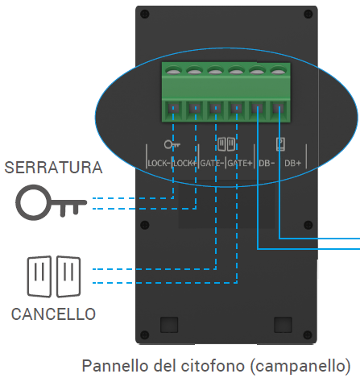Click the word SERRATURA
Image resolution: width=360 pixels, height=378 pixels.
coord(53,168)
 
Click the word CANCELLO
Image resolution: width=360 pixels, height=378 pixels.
coord(53,314)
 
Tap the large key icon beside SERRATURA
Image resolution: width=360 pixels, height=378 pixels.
coord(51,202)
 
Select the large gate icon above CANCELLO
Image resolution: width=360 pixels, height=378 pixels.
coord(54,276)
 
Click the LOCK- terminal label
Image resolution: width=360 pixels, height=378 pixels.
coord(159,163)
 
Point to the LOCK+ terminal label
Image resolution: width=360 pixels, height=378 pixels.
coord(184,163)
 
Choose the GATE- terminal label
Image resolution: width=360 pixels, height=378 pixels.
coord(212,163)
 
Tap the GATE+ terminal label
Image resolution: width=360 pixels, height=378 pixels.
coord(240,163)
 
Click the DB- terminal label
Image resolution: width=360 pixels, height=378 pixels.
coord(267,163)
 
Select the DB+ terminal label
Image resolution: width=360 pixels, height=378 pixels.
coord(293,163)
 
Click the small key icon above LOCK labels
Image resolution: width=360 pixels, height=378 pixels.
coord(172,144)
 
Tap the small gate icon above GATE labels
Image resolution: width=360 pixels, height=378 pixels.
coord(226,144)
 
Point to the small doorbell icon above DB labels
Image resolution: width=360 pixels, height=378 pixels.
coord(280,144)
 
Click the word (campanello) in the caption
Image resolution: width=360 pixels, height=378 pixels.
coord(300,366)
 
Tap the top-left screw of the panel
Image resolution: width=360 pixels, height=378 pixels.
coord(145,14)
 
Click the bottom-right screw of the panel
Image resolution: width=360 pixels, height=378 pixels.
coord(308,334)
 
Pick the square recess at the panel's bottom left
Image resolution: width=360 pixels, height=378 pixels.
coord(169,325)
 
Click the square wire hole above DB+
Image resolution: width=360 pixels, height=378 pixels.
coord(278,109)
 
